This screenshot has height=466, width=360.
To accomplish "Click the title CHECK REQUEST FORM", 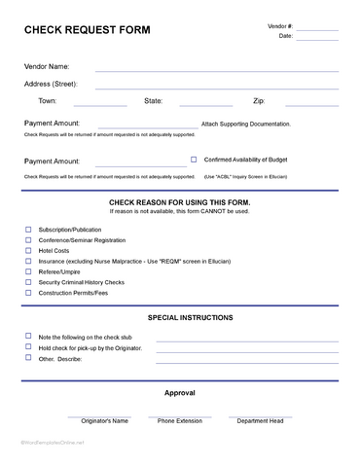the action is [87, 30].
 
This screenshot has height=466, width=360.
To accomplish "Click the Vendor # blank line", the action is [317, 29].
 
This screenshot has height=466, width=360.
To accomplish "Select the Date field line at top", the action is [317, 40].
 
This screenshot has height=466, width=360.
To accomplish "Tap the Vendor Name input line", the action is [217, 71].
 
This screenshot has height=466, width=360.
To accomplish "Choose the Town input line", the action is [98, 104].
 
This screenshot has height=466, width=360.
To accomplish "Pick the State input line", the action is [206, 104].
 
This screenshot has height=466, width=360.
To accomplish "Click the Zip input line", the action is [311, 104].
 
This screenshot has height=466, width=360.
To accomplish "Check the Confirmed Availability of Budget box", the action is [194, 159].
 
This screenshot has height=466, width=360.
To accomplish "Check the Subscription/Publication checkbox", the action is [28, 229].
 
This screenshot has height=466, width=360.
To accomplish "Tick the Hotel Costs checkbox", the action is [28, 250].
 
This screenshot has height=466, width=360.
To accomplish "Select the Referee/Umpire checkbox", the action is [28, 271].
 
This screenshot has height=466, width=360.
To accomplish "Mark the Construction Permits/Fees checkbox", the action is [28, 293].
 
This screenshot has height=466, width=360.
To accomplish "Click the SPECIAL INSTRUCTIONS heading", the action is [190, 317].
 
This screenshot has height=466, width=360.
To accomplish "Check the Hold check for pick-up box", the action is [28, 346].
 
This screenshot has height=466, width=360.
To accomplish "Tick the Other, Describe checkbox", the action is [28, 357].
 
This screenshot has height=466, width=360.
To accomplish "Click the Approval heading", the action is [180, 393].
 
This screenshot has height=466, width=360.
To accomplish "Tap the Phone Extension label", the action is [180, 421].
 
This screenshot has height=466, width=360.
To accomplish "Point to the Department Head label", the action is [260, 421].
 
